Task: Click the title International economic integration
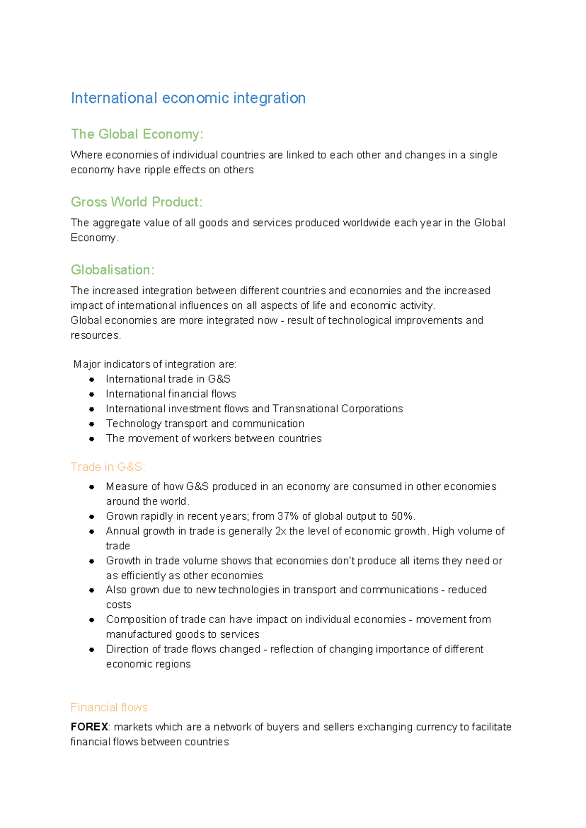[188, 98]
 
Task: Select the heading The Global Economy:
[137, 134]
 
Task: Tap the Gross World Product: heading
[136, 202]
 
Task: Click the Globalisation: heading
[112, 270]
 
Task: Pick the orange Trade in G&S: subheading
[107, 467]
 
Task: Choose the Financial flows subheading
[109, 707]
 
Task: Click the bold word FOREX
[89, 727]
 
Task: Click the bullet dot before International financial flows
[92, 394]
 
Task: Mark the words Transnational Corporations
[337, 409]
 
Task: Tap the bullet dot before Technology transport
[92, 424]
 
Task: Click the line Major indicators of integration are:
[155, 364]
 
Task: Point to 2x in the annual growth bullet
[281, 531]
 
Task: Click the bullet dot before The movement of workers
[92, 439]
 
